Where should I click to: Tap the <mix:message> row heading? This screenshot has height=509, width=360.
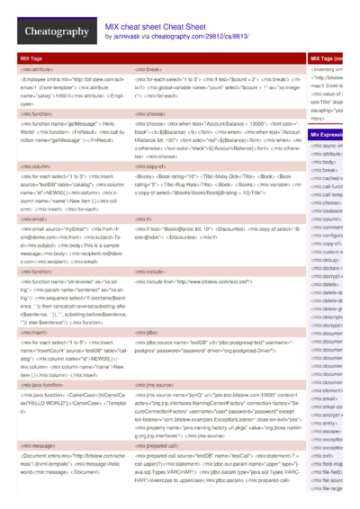[36, 444]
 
